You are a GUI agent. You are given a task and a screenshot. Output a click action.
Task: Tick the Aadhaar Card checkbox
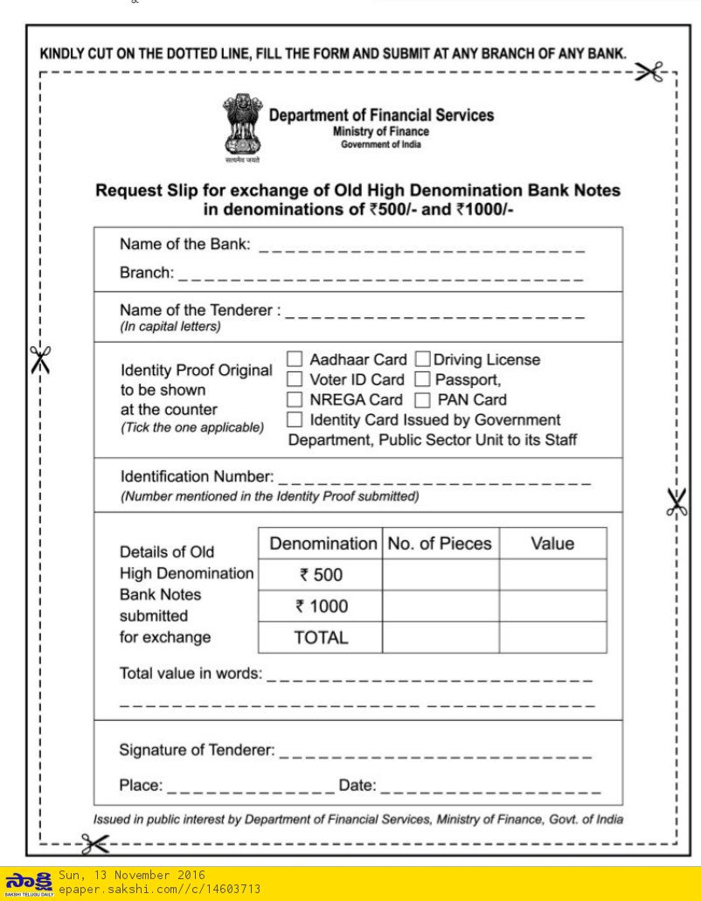click(295, 359)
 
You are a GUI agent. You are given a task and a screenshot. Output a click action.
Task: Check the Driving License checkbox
click(422, 359)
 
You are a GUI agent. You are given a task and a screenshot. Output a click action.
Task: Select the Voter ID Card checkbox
click(295, 379)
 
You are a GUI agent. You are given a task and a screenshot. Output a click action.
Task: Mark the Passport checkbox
click(422, 379)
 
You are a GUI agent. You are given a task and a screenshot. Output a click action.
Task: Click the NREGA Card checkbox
click(295, 399)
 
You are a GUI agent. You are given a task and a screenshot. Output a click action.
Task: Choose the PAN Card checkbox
click(422, 400)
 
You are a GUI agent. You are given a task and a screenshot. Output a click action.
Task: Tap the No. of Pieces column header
click(440, 544)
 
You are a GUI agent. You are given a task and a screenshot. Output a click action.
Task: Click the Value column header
click(552, 544)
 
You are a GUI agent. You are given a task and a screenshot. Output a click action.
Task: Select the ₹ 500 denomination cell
click(321, 575)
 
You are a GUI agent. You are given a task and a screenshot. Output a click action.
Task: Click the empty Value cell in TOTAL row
click(552, 637)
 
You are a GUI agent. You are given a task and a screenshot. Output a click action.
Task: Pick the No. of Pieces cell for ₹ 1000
click(440, 606)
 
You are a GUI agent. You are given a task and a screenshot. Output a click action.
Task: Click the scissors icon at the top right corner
click(649, 73)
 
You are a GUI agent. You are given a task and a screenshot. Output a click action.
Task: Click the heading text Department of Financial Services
click(381, 115)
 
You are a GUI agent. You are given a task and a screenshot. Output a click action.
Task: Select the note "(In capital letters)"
click(170, 327)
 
